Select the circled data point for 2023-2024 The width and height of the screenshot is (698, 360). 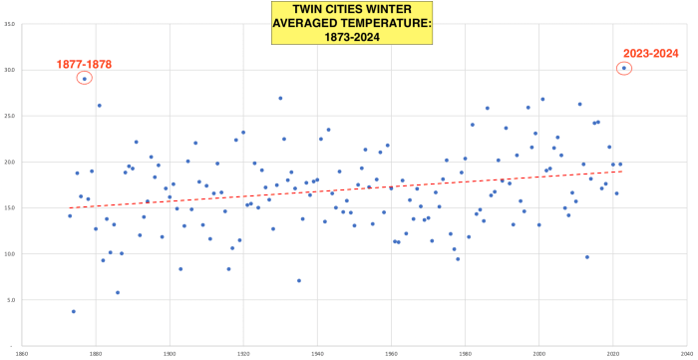624,69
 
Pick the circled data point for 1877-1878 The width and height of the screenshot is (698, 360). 85,79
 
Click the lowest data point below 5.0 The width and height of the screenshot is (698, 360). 74,311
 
